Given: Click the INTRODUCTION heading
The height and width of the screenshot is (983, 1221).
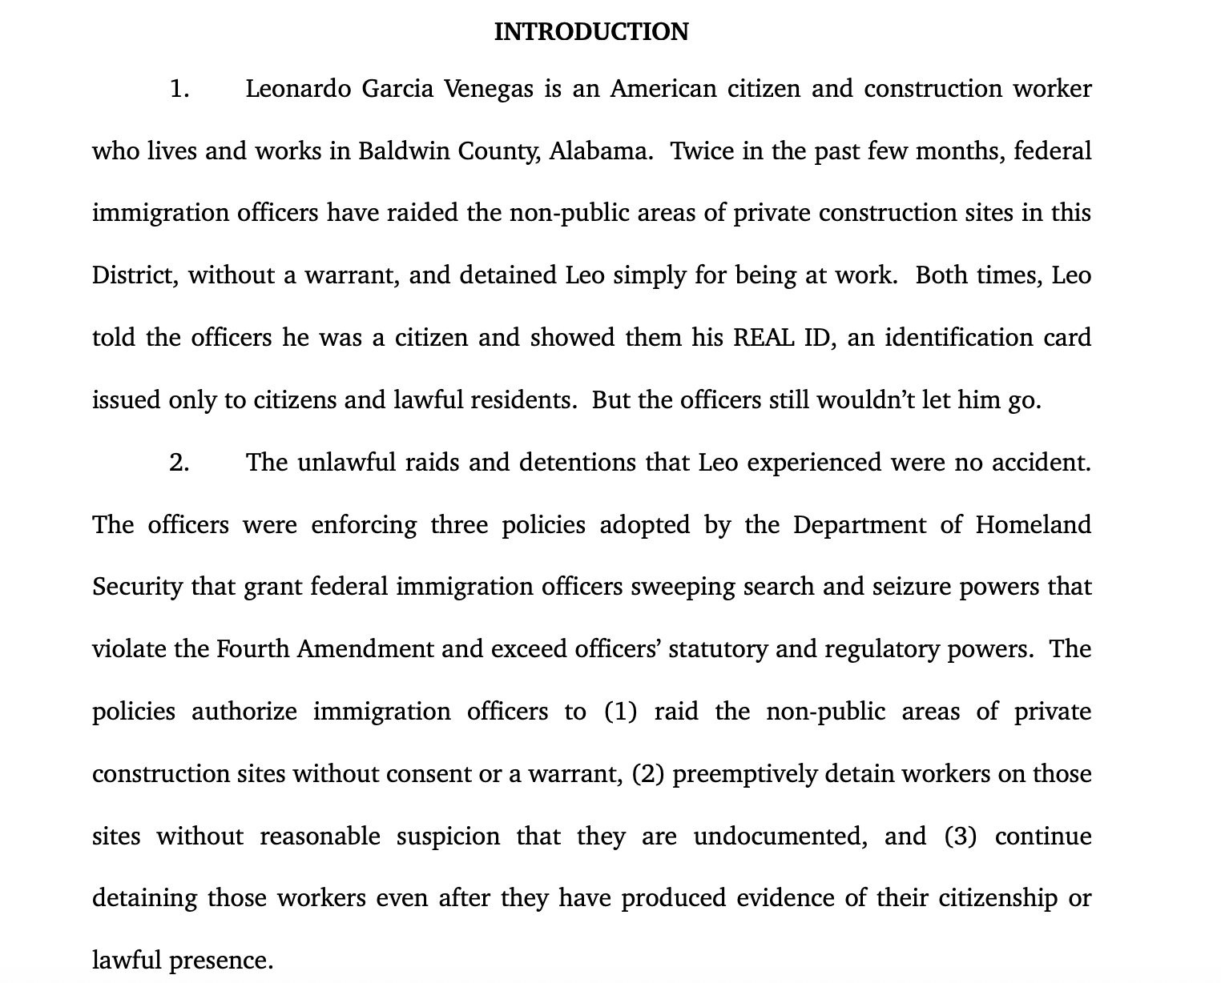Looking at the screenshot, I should click(x=590, y=32).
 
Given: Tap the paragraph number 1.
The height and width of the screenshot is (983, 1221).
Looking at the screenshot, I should click(x=179, y=89).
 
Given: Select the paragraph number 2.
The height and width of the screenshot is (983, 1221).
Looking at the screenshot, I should click(x=179, y=463).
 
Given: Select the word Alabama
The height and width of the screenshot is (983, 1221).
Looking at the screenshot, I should click(x=599, y=151).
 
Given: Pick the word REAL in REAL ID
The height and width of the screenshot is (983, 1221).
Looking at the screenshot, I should click(x=762, y=338).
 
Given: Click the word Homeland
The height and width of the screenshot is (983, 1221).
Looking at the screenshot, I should click(x=1033, y=525).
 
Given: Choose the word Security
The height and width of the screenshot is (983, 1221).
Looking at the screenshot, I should click(x=137, y=588).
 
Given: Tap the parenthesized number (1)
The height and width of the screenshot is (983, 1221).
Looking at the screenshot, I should click(x=620, y=712).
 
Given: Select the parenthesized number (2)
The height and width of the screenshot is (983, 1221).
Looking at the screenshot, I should click(x=647, y=774).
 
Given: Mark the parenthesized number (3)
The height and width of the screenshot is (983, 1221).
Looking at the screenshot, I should click(x=960, y=837).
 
